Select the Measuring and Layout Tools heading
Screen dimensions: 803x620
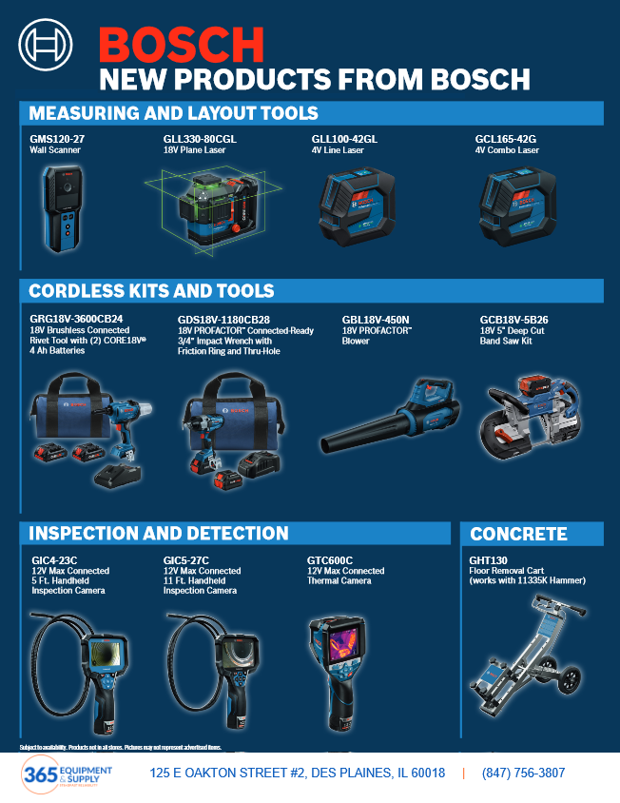point(173,113)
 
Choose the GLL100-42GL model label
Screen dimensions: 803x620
point(344,139)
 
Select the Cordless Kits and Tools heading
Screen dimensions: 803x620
point(151,291)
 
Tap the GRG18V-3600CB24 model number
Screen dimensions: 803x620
point(76,319)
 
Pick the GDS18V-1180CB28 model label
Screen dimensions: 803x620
point(223,320)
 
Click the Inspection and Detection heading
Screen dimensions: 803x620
point(159,533)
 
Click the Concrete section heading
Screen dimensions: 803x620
point(518,534)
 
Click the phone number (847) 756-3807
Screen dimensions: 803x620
point(523,774)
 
